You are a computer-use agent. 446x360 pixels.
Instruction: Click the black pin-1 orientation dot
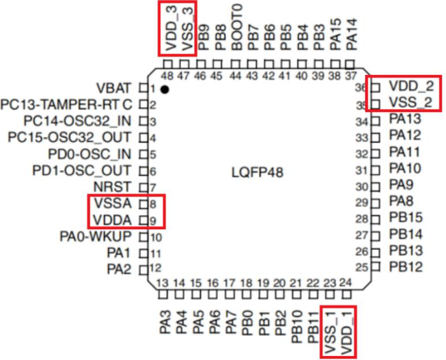[x=165, y=90]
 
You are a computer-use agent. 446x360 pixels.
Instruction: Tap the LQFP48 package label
[x=257, y=173]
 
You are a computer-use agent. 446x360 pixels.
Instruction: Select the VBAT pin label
[x=114, y=88]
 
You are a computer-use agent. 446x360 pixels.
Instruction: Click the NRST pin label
[x=113, y=187]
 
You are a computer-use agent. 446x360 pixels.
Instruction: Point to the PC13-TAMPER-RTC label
[x=66, y=105]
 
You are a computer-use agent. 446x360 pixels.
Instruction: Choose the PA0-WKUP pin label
[x=96, y=236]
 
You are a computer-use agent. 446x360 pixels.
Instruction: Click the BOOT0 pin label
[x=237, y=27]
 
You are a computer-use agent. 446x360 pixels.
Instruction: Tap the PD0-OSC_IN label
[x=90, y=154]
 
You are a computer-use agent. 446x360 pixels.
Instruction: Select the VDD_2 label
[x=411, y=86]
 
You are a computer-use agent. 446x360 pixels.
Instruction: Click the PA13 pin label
[x=405, y=118]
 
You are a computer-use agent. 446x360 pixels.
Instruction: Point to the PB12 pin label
[x=406, y=267]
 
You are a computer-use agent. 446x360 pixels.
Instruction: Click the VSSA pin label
[x=113, y=203]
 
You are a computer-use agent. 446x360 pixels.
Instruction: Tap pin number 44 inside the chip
[x=235, y=76]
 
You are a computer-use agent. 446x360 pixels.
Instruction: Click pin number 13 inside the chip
[x=162, y=283]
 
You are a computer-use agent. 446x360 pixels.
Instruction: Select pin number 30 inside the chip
[x=362, y=187]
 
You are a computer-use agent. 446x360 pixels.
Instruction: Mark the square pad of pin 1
[x=143, y=88]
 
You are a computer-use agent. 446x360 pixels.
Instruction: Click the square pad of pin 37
[x=350, y=64]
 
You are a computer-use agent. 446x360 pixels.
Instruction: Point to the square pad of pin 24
[x=346, y=295]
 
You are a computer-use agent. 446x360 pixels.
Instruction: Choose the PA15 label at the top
[x=335, y=35]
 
